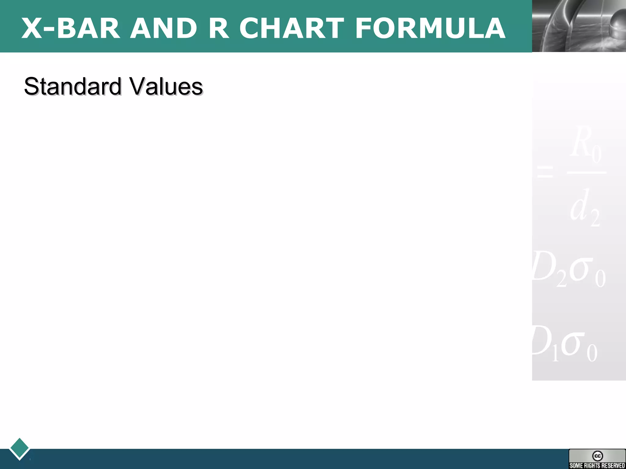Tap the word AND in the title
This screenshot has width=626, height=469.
(164, 28)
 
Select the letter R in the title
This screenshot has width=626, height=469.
(219, 28)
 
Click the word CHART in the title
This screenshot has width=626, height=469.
(292, 28)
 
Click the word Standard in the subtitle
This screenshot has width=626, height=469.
(73, 86)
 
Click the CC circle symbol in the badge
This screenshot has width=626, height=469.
(597, 456)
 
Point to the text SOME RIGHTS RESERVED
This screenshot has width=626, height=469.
(597, 465)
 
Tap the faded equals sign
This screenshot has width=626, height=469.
(545, 171)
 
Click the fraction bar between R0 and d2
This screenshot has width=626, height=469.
(587, 173)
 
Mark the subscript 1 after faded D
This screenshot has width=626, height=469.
(555, 354)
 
